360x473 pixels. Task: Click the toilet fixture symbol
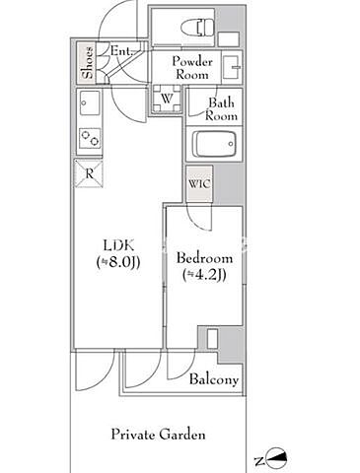point(197,28)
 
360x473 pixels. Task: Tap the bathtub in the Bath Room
point(214,145)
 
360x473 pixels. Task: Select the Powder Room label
point(192,68)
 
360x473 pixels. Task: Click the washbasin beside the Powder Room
point(232,67)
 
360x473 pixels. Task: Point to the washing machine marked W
point(167,99)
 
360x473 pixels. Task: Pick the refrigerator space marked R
point(89,173)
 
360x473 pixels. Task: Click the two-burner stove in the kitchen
point(90,138)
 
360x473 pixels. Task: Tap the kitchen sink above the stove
point(90,102)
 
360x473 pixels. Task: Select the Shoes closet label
point(88,63)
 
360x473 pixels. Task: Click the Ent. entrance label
point(120,51)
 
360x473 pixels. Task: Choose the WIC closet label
point(199,184)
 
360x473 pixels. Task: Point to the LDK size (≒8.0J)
point(118,263)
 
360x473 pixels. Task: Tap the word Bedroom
point(204,258)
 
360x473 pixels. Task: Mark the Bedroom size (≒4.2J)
point(204,275)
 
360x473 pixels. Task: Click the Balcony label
point(214,380)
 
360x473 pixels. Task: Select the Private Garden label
point(158,435)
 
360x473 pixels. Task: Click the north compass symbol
point(277,458)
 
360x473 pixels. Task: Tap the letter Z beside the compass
point(259,461)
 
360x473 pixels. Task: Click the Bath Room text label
point(221,109)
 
